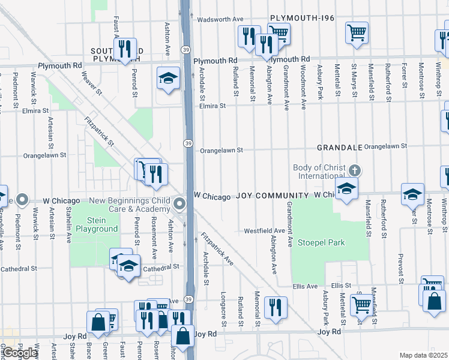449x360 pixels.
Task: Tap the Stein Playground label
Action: tap(94, 224)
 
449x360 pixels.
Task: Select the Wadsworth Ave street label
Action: tap(221, 19)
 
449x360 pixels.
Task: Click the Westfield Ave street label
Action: tap(264, 231)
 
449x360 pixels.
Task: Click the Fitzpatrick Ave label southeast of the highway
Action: tap(217, 249)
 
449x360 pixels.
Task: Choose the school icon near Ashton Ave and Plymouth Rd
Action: tap(169, 77)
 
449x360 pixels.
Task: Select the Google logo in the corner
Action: tap(20, 353)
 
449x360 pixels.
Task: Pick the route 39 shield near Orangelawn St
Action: tap(188, 143)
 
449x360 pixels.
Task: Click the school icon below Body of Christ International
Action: tap(346, 190)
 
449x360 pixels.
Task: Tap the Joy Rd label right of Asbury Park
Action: tap(330, 331)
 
